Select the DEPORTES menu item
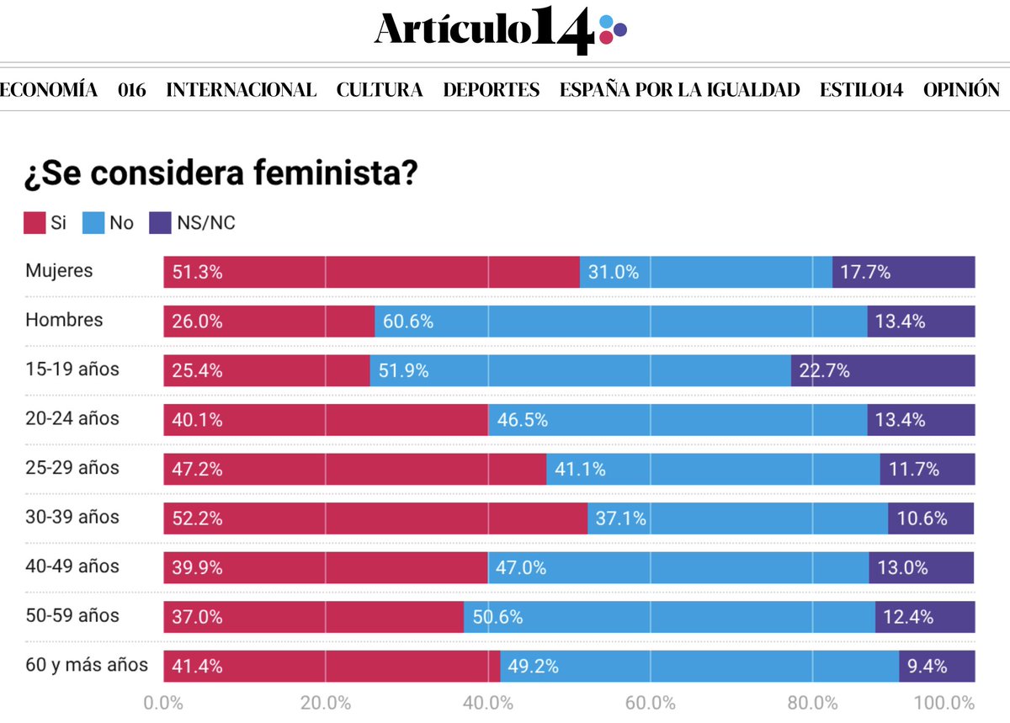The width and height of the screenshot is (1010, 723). (x=492, y=90)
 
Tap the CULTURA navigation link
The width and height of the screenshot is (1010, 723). (x=380, y=90)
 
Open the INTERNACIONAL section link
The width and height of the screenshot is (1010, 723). (x=242, y=90)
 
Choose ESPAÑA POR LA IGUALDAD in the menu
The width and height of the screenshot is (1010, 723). (x=680, y=90)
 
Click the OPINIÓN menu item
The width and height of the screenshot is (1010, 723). (x=961, y=90)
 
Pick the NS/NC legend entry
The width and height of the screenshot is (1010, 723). (x=205, y=223)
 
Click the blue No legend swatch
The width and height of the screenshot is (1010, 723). (x=93, y=223)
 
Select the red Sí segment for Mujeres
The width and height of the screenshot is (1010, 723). (x=371, y=272)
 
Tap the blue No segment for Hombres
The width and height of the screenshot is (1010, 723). (x=620, y=322)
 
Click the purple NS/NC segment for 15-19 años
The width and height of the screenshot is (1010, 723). (x=883, y=370)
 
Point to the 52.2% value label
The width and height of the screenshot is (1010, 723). (x=197, y=518)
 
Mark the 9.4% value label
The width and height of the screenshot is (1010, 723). (x=927, y=667)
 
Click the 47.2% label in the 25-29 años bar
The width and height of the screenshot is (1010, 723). (x=197, y=469)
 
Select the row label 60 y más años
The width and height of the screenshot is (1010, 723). (x=87, y=665)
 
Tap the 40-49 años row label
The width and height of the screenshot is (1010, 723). (x=72, y=566)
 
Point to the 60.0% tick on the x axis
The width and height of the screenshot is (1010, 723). (x=650, y=703)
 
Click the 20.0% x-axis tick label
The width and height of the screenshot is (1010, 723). (x=326, y=703)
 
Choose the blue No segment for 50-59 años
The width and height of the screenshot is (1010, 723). (x=669, y=617)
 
